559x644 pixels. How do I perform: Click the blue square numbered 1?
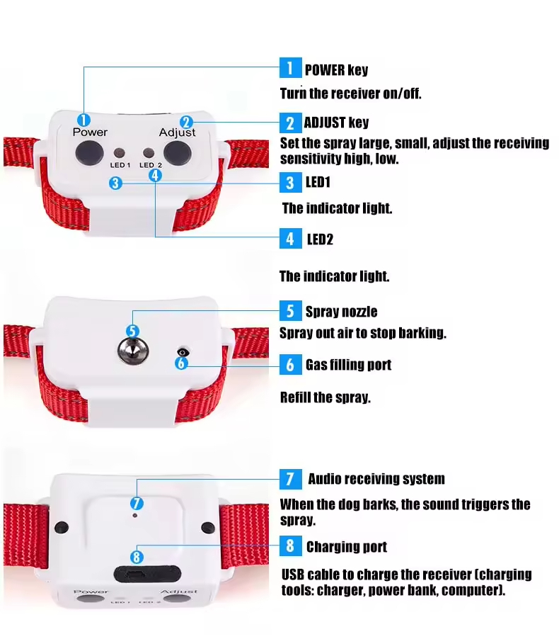pyautogui.click(x=290, y=68)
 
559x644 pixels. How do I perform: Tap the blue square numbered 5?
pyautogui.click(x=290, y=311)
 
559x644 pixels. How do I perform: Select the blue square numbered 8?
pyautogui.click(x=290, y=546)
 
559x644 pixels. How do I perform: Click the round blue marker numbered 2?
pyautogui.click(x=186, y=122)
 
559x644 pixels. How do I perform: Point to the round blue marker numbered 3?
pyautogui.click(x=115, y=183)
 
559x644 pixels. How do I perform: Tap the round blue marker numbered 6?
pyautogui.click(x=181, y=363)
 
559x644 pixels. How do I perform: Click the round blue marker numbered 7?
pyautogui.click(x=137, y=503)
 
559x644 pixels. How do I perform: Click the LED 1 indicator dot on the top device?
pyautogui.click(x=120, y=153)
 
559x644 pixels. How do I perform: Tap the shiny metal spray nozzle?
pyautogui.click(x=133, y=351)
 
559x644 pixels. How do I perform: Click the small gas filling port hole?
pyautogui.click(x=183, y=352)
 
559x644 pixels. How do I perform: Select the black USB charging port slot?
pyautogui.click(x=147, y=574)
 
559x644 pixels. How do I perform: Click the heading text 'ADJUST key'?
pyautogui.click(x=336, y=123)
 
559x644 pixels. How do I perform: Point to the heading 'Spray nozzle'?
pyautogui.click(x=341, y=312)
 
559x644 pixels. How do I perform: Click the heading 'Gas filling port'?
pyautogui.click(x=349, y=365)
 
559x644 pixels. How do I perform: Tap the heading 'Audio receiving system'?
pyautogui.click(x=376, y=479)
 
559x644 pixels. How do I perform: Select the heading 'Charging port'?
pyautogui.click(x=347, y=547)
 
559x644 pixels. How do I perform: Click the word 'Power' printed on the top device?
pyautogui.click(x=90, y=132)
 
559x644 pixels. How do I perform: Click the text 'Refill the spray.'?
pyautogui.click(x=325, y=397)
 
